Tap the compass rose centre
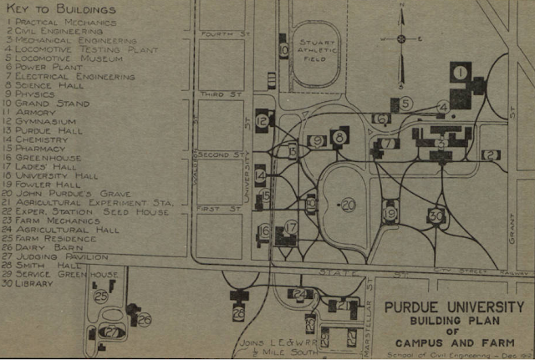pos(400,38)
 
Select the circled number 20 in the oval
pos(348,204)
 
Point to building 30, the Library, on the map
pos(436,215)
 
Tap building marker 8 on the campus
pos(339,136)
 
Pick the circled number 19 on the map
pos(390,214)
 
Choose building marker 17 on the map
pos(291,226)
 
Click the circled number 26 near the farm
pos(145,319)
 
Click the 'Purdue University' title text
pos(455,307)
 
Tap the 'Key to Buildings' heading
pos(58,10)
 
